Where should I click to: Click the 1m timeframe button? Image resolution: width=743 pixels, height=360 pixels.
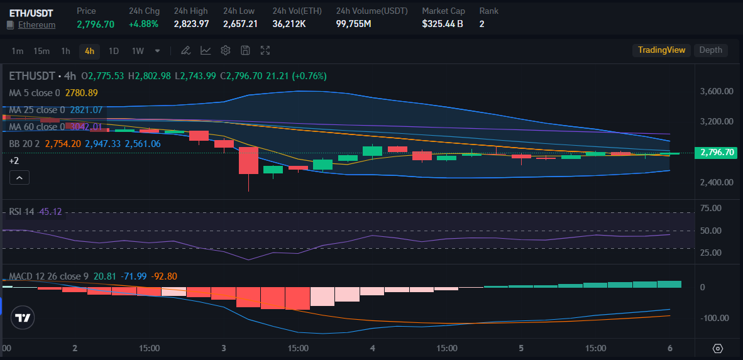coord(17,51)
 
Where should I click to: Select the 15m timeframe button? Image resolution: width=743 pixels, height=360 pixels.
coord(41,51)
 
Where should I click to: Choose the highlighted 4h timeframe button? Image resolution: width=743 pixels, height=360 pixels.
coord(89,51)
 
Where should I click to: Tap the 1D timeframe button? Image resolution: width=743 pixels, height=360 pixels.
coord(114,51)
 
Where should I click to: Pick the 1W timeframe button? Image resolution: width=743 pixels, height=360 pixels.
coord(138,51)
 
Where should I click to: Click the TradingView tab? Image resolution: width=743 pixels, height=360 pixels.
coord(661,50)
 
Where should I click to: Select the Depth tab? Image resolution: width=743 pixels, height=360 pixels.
coord(710,50)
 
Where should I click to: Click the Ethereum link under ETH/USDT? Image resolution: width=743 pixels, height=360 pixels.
coord(36,25)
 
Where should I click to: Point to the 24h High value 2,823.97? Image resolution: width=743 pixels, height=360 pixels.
coord(191,24)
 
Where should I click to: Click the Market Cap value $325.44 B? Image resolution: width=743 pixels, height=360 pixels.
coord(443,24)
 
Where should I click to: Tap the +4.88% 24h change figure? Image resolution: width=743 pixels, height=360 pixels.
coord(143,24)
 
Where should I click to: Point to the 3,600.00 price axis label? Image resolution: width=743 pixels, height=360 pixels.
coord(717,91)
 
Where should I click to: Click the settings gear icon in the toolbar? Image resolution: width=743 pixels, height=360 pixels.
coord(226,50)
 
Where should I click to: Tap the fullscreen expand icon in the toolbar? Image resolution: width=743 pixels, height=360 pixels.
coord(265,50)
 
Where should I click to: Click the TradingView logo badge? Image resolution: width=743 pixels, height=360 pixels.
coord(23,318)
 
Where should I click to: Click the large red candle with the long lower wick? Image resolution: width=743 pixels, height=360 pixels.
coord(248,160)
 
